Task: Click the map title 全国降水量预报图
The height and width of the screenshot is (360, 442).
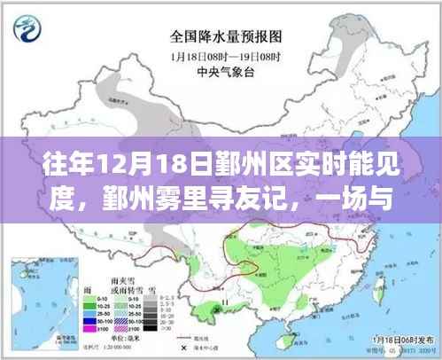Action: pyautogui.click(x=221, y=38)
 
